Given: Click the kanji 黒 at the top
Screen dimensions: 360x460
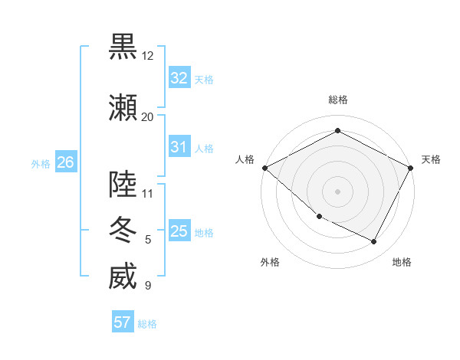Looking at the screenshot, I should point(123,46).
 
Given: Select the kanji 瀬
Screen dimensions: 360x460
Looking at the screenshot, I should point(123,107).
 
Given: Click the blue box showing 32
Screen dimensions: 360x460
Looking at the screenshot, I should point(179,78).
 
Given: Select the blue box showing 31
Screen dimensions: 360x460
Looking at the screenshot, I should point(179,147).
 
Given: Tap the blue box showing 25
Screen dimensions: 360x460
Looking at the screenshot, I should point(179,231).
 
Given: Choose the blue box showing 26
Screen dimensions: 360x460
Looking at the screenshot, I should point(65,162).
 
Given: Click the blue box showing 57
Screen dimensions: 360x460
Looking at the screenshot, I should point(123,322).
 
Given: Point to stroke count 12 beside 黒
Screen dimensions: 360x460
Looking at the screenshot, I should point(148,56).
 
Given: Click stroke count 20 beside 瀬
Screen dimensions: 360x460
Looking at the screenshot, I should point(148,116).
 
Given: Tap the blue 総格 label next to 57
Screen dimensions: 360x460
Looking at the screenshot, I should point(147,324).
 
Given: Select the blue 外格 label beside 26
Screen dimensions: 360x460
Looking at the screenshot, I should point(41,163).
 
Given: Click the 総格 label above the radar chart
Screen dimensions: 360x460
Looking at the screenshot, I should point(338,100).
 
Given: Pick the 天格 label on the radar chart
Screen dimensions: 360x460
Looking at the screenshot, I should point(432,159).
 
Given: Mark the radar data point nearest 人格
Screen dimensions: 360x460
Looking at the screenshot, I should point(264,168).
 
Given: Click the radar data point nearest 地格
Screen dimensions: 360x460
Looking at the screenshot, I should point(374,242).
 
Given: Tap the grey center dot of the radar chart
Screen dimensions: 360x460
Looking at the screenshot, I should point(337,191).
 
